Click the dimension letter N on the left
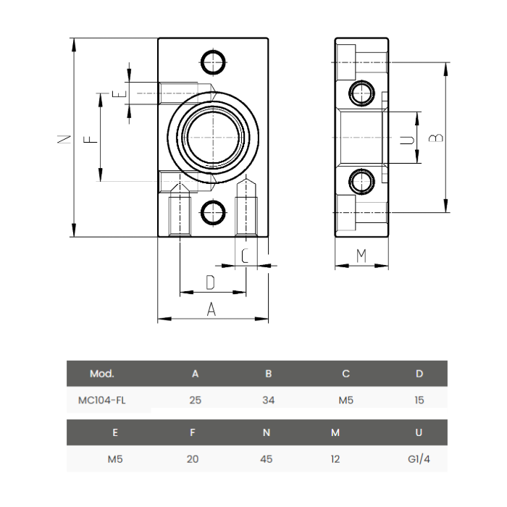pos(64,138)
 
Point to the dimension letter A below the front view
pos(212,309)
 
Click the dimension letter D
pos(211,282)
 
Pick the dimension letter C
pos(246,256)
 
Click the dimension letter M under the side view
pos(361,256)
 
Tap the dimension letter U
pos(408,138)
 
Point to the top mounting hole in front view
pos(212,62)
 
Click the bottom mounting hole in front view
pos(212,212)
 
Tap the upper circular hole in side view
pos(360,92)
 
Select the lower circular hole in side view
pos(360,182)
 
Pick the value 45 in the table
pos(266,459)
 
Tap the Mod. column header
pos(101,374)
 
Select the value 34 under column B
pos(268,399)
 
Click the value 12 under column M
pos(335,459)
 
